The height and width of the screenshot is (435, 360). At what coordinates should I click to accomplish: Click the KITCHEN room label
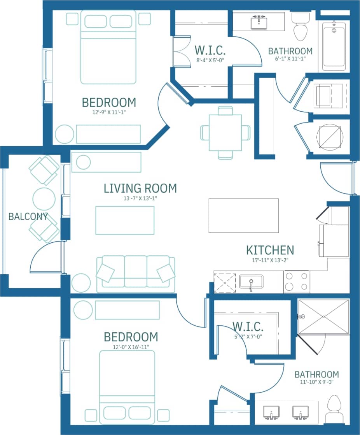point(270,250)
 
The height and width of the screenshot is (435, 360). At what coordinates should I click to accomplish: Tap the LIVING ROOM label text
point(140,188)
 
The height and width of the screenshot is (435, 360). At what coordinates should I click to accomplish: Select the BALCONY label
point(28,217)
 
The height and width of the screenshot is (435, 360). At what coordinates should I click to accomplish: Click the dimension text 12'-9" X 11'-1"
point(109,112)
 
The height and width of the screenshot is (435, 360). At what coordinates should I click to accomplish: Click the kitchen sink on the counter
point(251,282)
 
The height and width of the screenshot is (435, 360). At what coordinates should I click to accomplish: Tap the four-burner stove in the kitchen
point(297,282)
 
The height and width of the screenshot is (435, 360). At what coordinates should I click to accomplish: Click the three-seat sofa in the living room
point(135,274)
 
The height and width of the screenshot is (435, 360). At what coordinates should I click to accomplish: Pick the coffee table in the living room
point(125,220)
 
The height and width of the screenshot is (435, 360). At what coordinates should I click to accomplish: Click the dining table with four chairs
point(225,133)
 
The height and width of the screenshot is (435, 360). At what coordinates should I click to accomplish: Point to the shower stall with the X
point(323,317)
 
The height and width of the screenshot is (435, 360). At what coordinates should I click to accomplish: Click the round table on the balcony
point(44,199)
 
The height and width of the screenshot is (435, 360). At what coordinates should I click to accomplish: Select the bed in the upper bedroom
point(108,47)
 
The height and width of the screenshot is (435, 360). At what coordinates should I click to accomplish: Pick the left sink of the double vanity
point(271,412)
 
